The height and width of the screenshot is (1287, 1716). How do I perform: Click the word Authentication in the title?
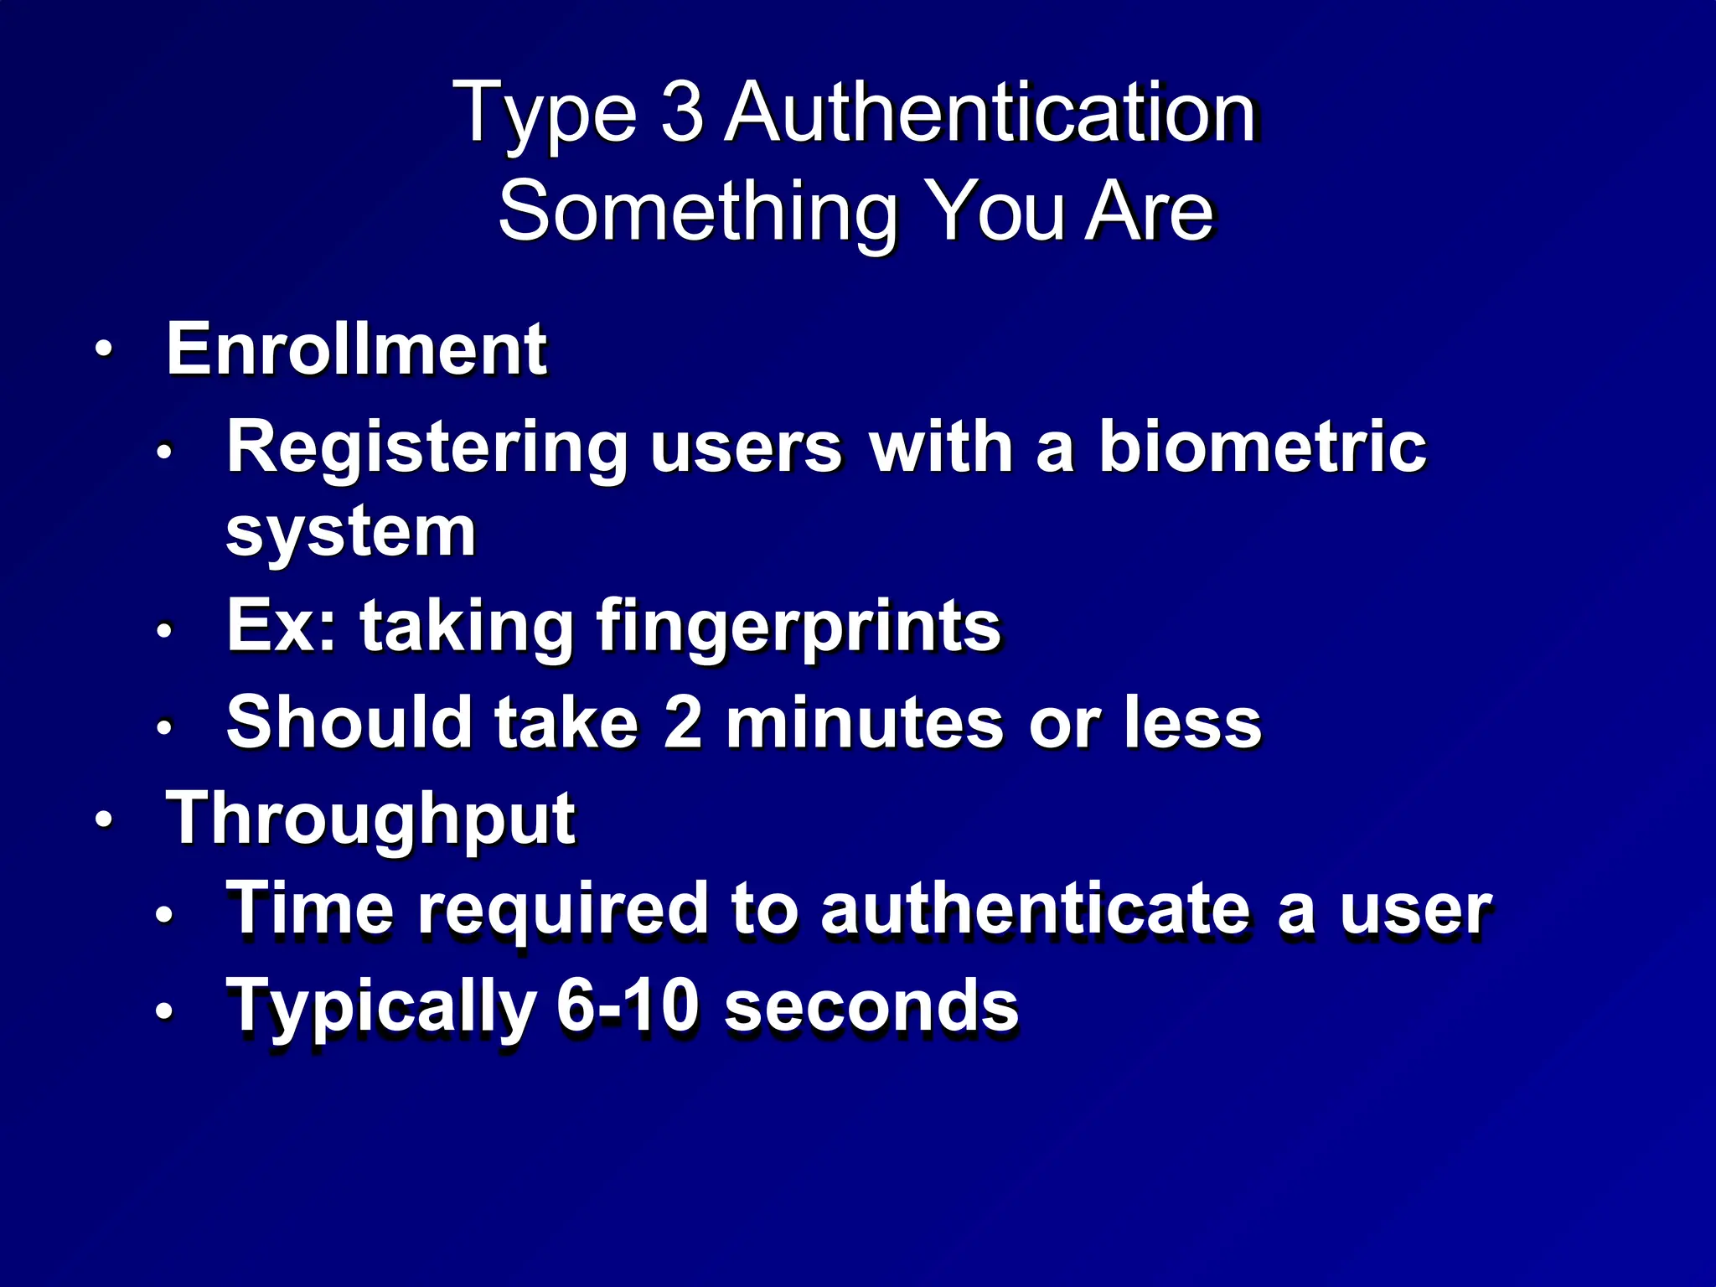pyautogui.click(x=990, y=112)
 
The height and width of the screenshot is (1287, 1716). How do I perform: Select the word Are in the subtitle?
pyautogui.click(x=1150, y=211)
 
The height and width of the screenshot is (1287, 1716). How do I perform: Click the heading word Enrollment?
pyautogui.click(x=356, y=349)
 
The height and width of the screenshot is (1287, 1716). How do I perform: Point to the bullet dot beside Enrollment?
pyautogui.click(x=102, y=349)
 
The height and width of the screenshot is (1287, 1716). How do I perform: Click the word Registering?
pyautogui.click(x=426, y=448)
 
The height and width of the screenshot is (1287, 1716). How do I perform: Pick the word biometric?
pyautogui.click(x=1262, y=447)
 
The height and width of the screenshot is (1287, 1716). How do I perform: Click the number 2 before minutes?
pyautogui.click(x=682, y=722)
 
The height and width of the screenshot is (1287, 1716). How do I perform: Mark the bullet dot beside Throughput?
pyautogui.click(x=102, y=819)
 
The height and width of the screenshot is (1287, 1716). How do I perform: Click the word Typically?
pyautogui.click(x=381, y=1007)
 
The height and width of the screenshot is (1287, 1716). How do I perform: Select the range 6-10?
pyautogui.click(x=627, y=1005)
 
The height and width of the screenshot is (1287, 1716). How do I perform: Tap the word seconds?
pyautogui.click(x=871, y=1005)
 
